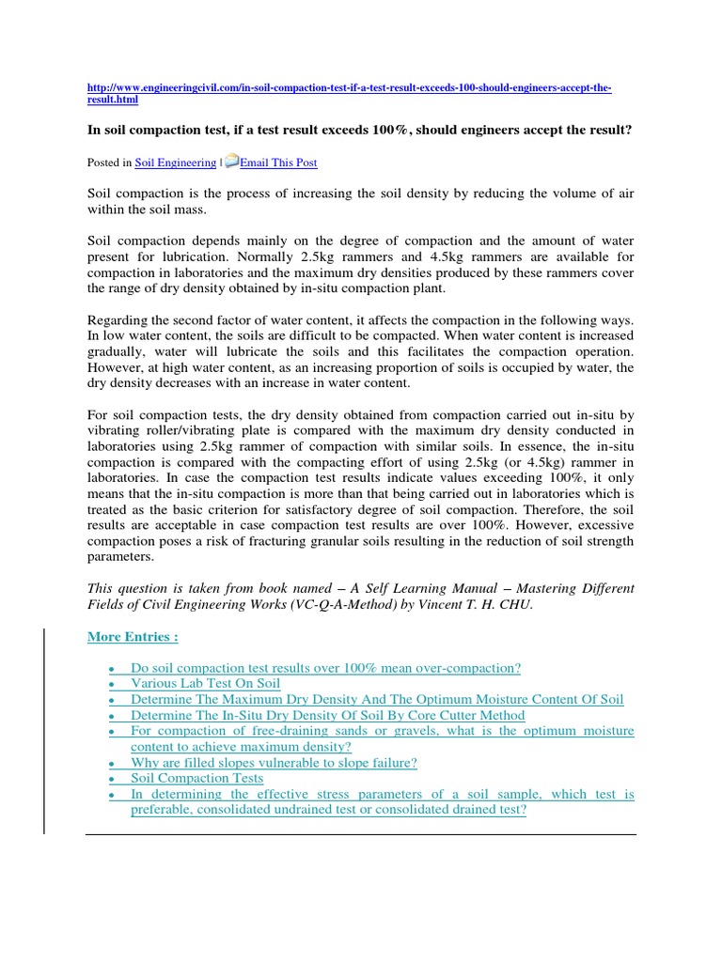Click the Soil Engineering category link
(x=176, y=163)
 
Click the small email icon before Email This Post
(x=231, y=162)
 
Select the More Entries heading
(x=133, y=637)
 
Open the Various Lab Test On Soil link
(x=206, y=684)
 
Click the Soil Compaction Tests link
(x=197, y=778)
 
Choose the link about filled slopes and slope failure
(x=275, y=762)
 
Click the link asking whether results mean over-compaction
(x=325, y=668)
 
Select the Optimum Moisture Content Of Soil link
(x=377, y=700)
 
